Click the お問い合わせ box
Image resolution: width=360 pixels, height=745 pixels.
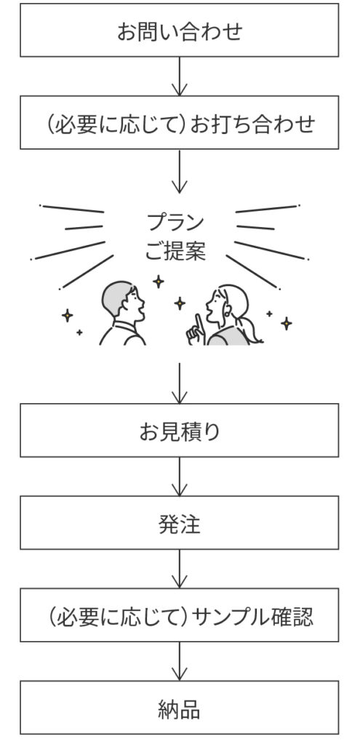(x=179, y=30)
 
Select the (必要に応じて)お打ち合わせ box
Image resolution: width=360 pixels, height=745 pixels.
(x=179, y=122)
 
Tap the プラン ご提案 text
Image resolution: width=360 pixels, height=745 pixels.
(x=175, y=237)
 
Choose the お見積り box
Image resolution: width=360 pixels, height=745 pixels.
(x=179, y=431)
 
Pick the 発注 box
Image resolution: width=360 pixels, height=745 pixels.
(x=179, y=522)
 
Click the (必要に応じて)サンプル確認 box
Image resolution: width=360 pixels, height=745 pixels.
(x=179, y=615)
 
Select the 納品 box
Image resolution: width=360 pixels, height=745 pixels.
(x=179, y=707)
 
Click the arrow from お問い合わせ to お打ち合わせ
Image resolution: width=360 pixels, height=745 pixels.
(x=179, y=76)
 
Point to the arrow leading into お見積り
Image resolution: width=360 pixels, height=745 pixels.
(x=179, y=383)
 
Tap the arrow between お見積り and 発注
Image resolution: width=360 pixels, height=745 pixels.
(x=179, y=477)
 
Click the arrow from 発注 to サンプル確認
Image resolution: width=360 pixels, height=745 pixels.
(x=179, y=569)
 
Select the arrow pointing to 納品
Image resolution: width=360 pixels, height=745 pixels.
(x=179, y=661)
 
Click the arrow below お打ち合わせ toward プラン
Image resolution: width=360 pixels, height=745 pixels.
(x=179, y=172)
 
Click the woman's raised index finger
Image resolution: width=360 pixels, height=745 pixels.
(x=199, y=322)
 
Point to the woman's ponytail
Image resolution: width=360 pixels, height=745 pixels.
(x=252, y=330)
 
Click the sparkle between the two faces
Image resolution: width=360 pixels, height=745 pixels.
(x=179, y=303)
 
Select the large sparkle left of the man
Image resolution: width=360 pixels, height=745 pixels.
(x=68, y=315)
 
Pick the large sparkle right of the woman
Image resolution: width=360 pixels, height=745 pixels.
(x=286, y=324)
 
